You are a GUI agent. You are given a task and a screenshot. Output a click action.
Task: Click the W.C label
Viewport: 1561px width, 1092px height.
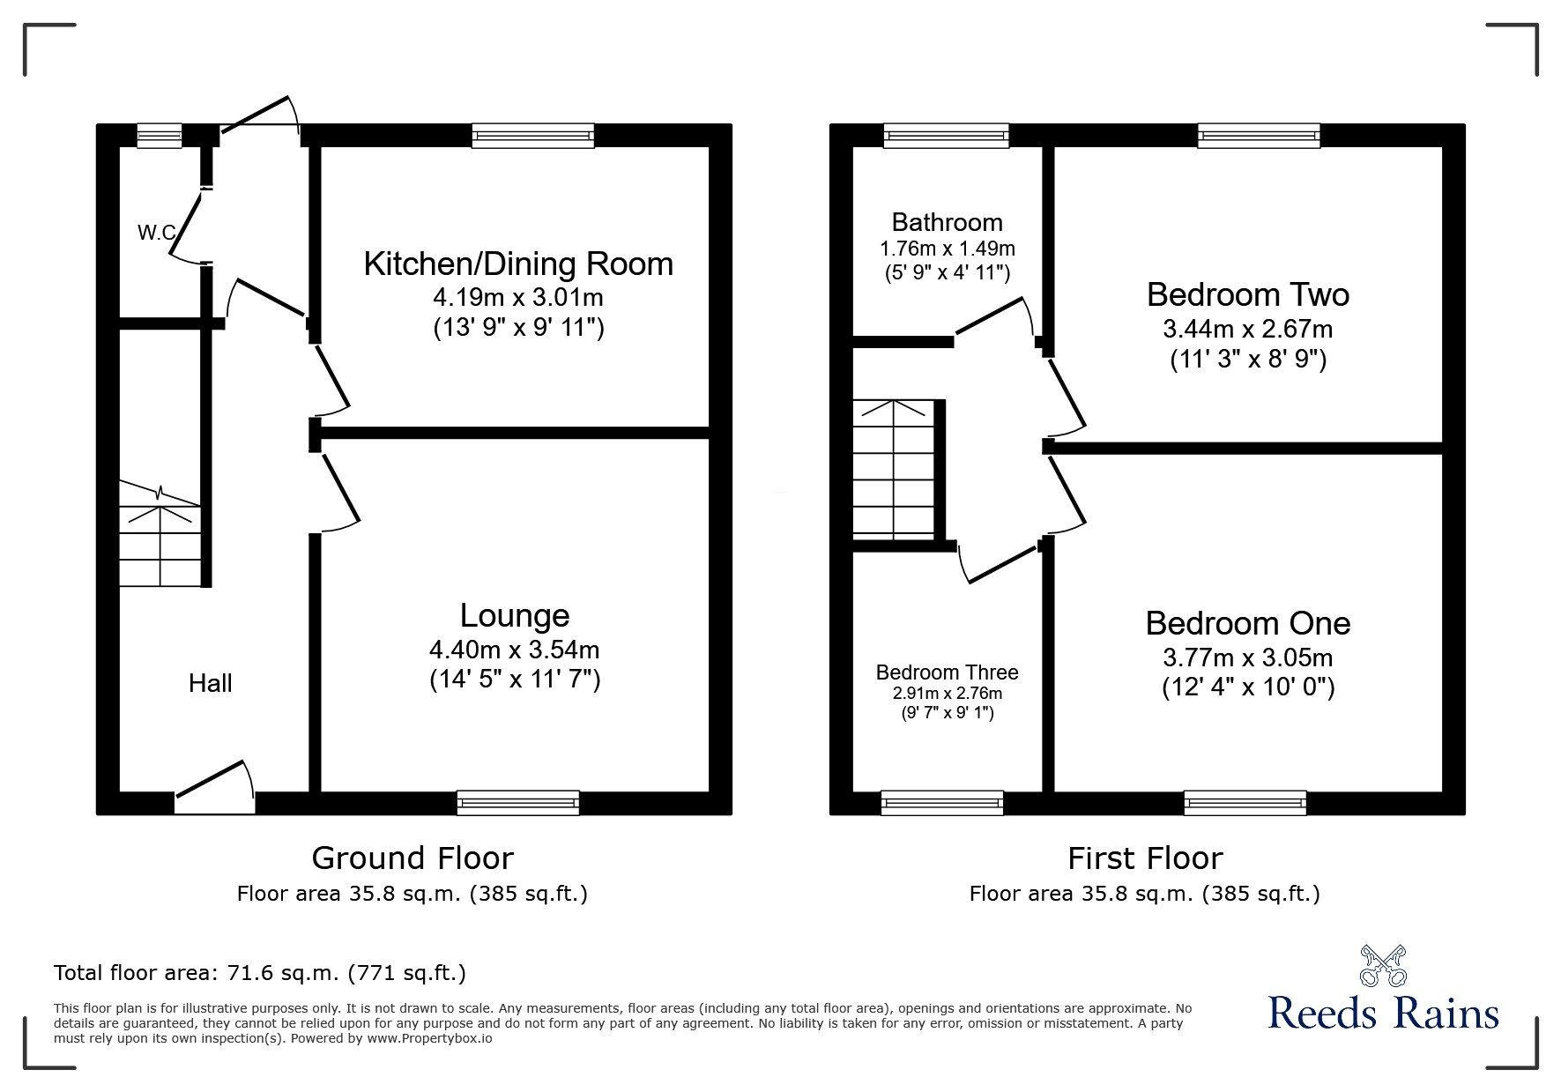[156, 234]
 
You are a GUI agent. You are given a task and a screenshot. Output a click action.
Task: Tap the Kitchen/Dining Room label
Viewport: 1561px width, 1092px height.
[518, 264]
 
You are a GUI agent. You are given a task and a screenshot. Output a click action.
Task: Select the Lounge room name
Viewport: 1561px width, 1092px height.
[515, 615]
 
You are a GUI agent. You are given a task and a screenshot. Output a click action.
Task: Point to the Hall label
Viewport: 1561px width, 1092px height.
[211, 683]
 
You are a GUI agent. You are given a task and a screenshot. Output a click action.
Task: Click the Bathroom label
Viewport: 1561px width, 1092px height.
[947, 222]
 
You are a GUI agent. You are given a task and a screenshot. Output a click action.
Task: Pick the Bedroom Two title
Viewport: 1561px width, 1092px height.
[1247, 294]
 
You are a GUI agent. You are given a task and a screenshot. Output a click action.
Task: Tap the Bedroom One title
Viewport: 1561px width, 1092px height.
[1247, 623]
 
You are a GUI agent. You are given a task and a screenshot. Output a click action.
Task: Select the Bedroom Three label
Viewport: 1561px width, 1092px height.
[947, 672]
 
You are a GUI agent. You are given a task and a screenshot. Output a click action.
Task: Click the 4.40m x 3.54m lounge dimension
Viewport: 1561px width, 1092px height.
[514, 650]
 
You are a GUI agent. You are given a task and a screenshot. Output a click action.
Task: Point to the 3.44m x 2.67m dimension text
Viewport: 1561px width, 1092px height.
[1247, 330]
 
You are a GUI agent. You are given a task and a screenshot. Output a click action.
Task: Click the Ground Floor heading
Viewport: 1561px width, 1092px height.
[413, 858]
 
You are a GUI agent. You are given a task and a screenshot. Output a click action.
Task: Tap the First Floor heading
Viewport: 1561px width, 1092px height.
[1145, 858]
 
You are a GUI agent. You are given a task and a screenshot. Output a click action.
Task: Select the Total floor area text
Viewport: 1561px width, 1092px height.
[260, 973]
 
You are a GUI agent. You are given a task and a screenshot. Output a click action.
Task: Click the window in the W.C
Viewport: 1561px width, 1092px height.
[160, 135]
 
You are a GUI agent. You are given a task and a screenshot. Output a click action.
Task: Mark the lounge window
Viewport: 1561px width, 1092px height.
[518, 802]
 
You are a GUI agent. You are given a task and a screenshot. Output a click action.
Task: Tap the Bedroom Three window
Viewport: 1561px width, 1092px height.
[941, 802]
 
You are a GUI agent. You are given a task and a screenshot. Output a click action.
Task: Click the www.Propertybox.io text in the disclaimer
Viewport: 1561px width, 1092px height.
[430, 1038]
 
